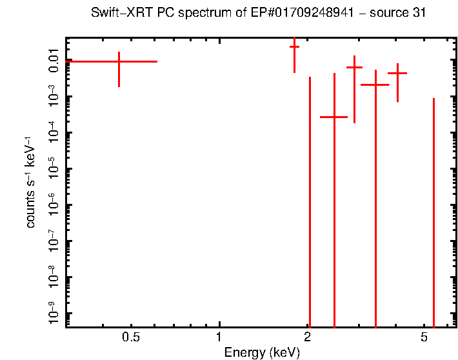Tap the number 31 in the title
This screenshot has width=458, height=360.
(x=419, y=14)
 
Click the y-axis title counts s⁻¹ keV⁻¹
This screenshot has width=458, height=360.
(x=30, y=182)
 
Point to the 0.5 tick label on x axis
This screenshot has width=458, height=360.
(x=131, y=337)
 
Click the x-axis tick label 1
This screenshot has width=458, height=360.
(x=220, y=337)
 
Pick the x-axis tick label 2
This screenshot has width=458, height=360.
(x=309, y=337)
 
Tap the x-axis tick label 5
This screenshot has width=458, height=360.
(x=424, y=337)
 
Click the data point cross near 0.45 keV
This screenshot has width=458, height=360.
(x=119, y=61)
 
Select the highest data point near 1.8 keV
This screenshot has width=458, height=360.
(x=294, y=47)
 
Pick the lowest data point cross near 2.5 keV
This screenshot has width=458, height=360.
(x=334, y=117)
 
